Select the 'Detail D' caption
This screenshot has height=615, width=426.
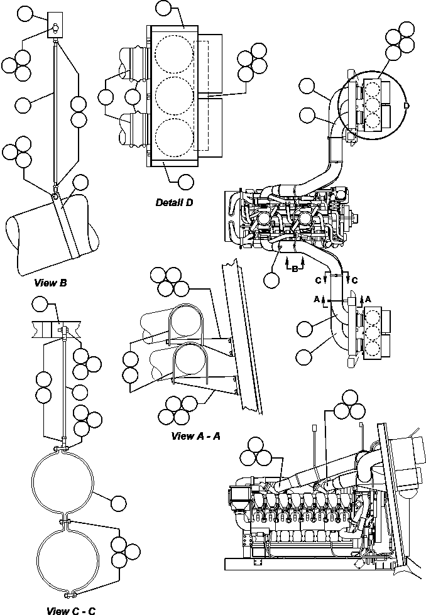point(175,202)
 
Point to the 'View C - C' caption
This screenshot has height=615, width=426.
point(71,609)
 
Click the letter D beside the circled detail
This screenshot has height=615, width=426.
point(407,106)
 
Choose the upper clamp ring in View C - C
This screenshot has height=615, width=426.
point(64,482)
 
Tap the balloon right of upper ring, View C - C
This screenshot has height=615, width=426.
point(117,502)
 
